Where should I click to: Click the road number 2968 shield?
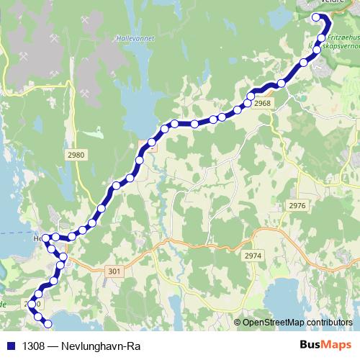[x=262, y=104]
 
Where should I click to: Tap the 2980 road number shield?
[x=75, y=155]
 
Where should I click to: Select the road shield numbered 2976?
[x=297, y=206]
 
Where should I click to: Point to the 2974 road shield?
[x=253, y=256]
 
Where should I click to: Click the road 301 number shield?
[x=113, y=271]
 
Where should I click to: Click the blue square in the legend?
[x=9, y=346]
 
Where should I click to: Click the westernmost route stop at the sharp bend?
[x=45, y=238]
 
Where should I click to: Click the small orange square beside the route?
[x=152, y=150]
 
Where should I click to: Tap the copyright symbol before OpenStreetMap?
[x=237, y=322]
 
